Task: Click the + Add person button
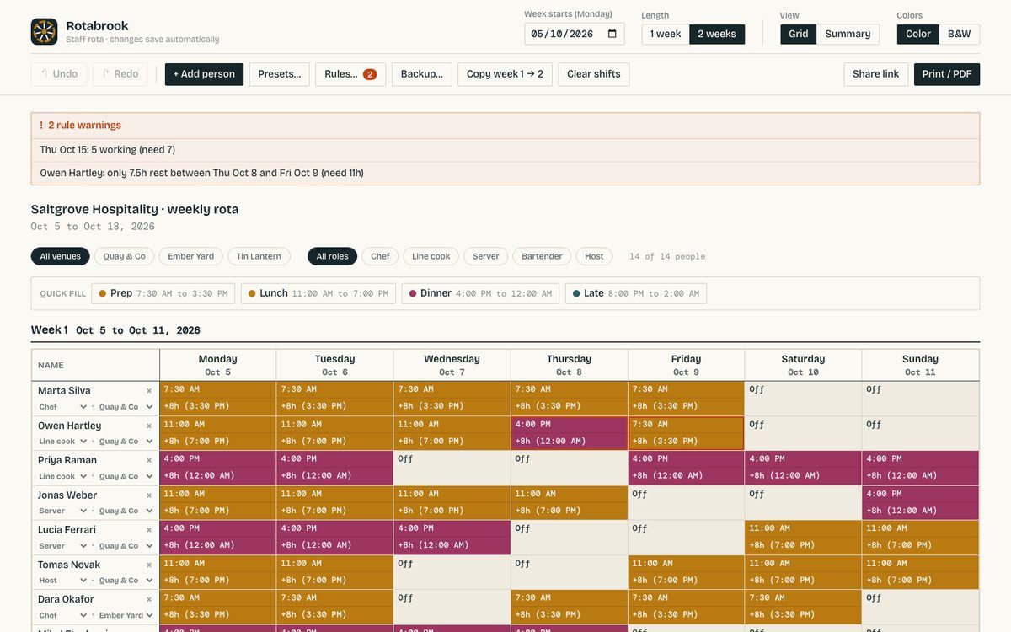pyautogui.click(x=204, y=74)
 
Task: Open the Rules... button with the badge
pyautogui.click(x=350, y=74)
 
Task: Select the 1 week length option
pyautogui.click(x=666, y=34)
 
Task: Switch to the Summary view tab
pyautogui.click(x=848, y=34)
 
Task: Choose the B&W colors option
pyautogui.click(x=959, y=34)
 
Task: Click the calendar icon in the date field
pyautogui.click(x=612, y=34)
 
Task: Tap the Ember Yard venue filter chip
pyautogui.click(x=191, y=256)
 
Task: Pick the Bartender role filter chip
pyautogui.click(x=542, y=256)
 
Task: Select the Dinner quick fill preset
pyautogui.click(x=480, y=293)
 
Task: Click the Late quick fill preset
pyautogui.click(x=636, y=293)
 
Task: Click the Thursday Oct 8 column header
pyautogui.click(x=569, y=365)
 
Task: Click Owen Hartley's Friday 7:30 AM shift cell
pyautogui.click(x=686, y=433)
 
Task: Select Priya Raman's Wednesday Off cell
pyautogui.click(x=452, y=468)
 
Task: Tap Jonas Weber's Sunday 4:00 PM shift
pyautogui.click(x=920, y=502)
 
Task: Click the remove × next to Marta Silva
pyautogui.click(x=149, y=391)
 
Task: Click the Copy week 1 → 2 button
pyautogui.click(x=505, y=74)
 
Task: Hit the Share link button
pyautogui.click(x=875, y=74)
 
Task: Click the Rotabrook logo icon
pyautogui.click(x=44, y=32)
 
